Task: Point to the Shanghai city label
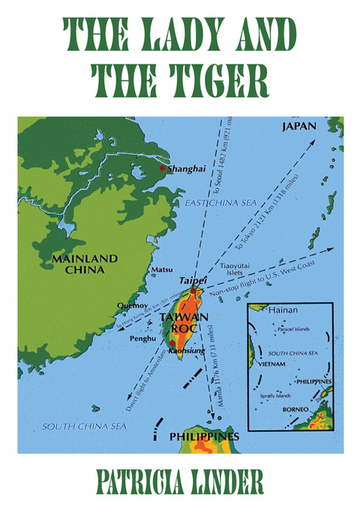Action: coord(187,169)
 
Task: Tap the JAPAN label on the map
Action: coord(298,127)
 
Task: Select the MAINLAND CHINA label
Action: coord(85,264)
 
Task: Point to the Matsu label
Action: coord(162,268)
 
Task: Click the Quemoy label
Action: coord(131,305)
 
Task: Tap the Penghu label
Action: coord(143,338)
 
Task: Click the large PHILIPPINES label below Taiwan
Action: coord(204,436)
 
